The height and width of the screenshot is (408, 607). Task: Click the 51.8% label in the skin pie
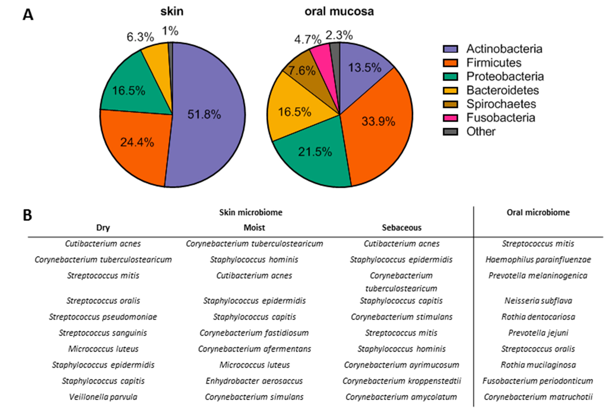pyautogui.click(x=204, y=115)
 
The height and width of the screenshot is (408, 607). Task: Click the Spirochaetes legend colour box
pyautogui.click(x=450, y=104)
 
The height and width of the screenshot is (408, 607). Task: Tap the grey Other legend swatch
pyautogui.click(x=450, y=132)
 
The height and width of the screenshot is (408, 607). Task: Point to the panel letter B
pyautogui.click(x=28, y=215)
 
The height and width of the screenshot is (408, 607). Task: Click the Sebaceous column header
pyautogui.click(x=401, y=228)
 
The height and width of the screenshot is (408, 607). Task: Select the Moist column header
pyautogui.click(x=254, y=228)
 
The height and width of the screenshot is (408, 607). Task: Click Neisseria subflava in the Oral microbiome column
pyautogui.click(x=538, y=301)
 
